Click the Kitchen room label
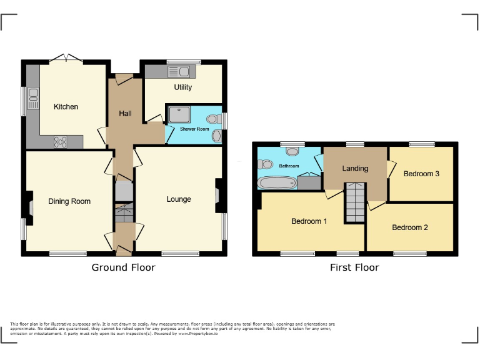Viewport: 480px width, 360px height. pyautogui.click(x=66, y=107)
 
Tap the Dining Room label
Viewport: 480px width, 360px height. pyautogui.click(x=69, y=201)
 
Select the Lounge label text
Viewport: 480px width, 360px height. pyautogui.click(x=179, y=199)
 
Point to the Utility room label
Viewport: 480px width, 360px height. pyautogui.click(x=183, y=87)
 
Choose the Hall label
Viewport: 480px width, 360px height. pyautogui.click(x=125, y=114)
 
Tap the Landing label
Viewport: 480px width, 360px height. pyautogui.click(x=355, y=168)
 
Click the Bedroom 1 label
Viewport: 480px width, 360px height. pyautogui.click(x=309, y=221)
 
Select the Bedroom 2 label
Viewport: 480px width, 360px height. pyautogui.click(x=410, y=227)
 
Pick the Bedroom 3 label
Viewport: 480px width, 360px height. pyautogui.click(x=421, y=174)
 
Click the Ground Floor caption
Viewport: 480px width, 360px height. pyautogui.click(x=124, y=267)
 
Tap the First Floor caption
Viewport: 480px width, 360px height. pyautogui.click(x=354, y=267)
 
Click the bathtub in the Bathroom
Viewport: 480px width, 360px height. pyautogui.click(x=276, y=182)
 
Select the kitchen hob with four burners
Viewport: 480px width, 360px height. pyautogui.click(x=61, y=142)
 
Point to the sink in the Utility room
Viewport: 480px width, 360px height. pyautogui.click(x=186, y=70)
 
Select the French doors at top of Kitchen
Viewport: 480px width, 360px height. pyautogui.click(x=66, y=58)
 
